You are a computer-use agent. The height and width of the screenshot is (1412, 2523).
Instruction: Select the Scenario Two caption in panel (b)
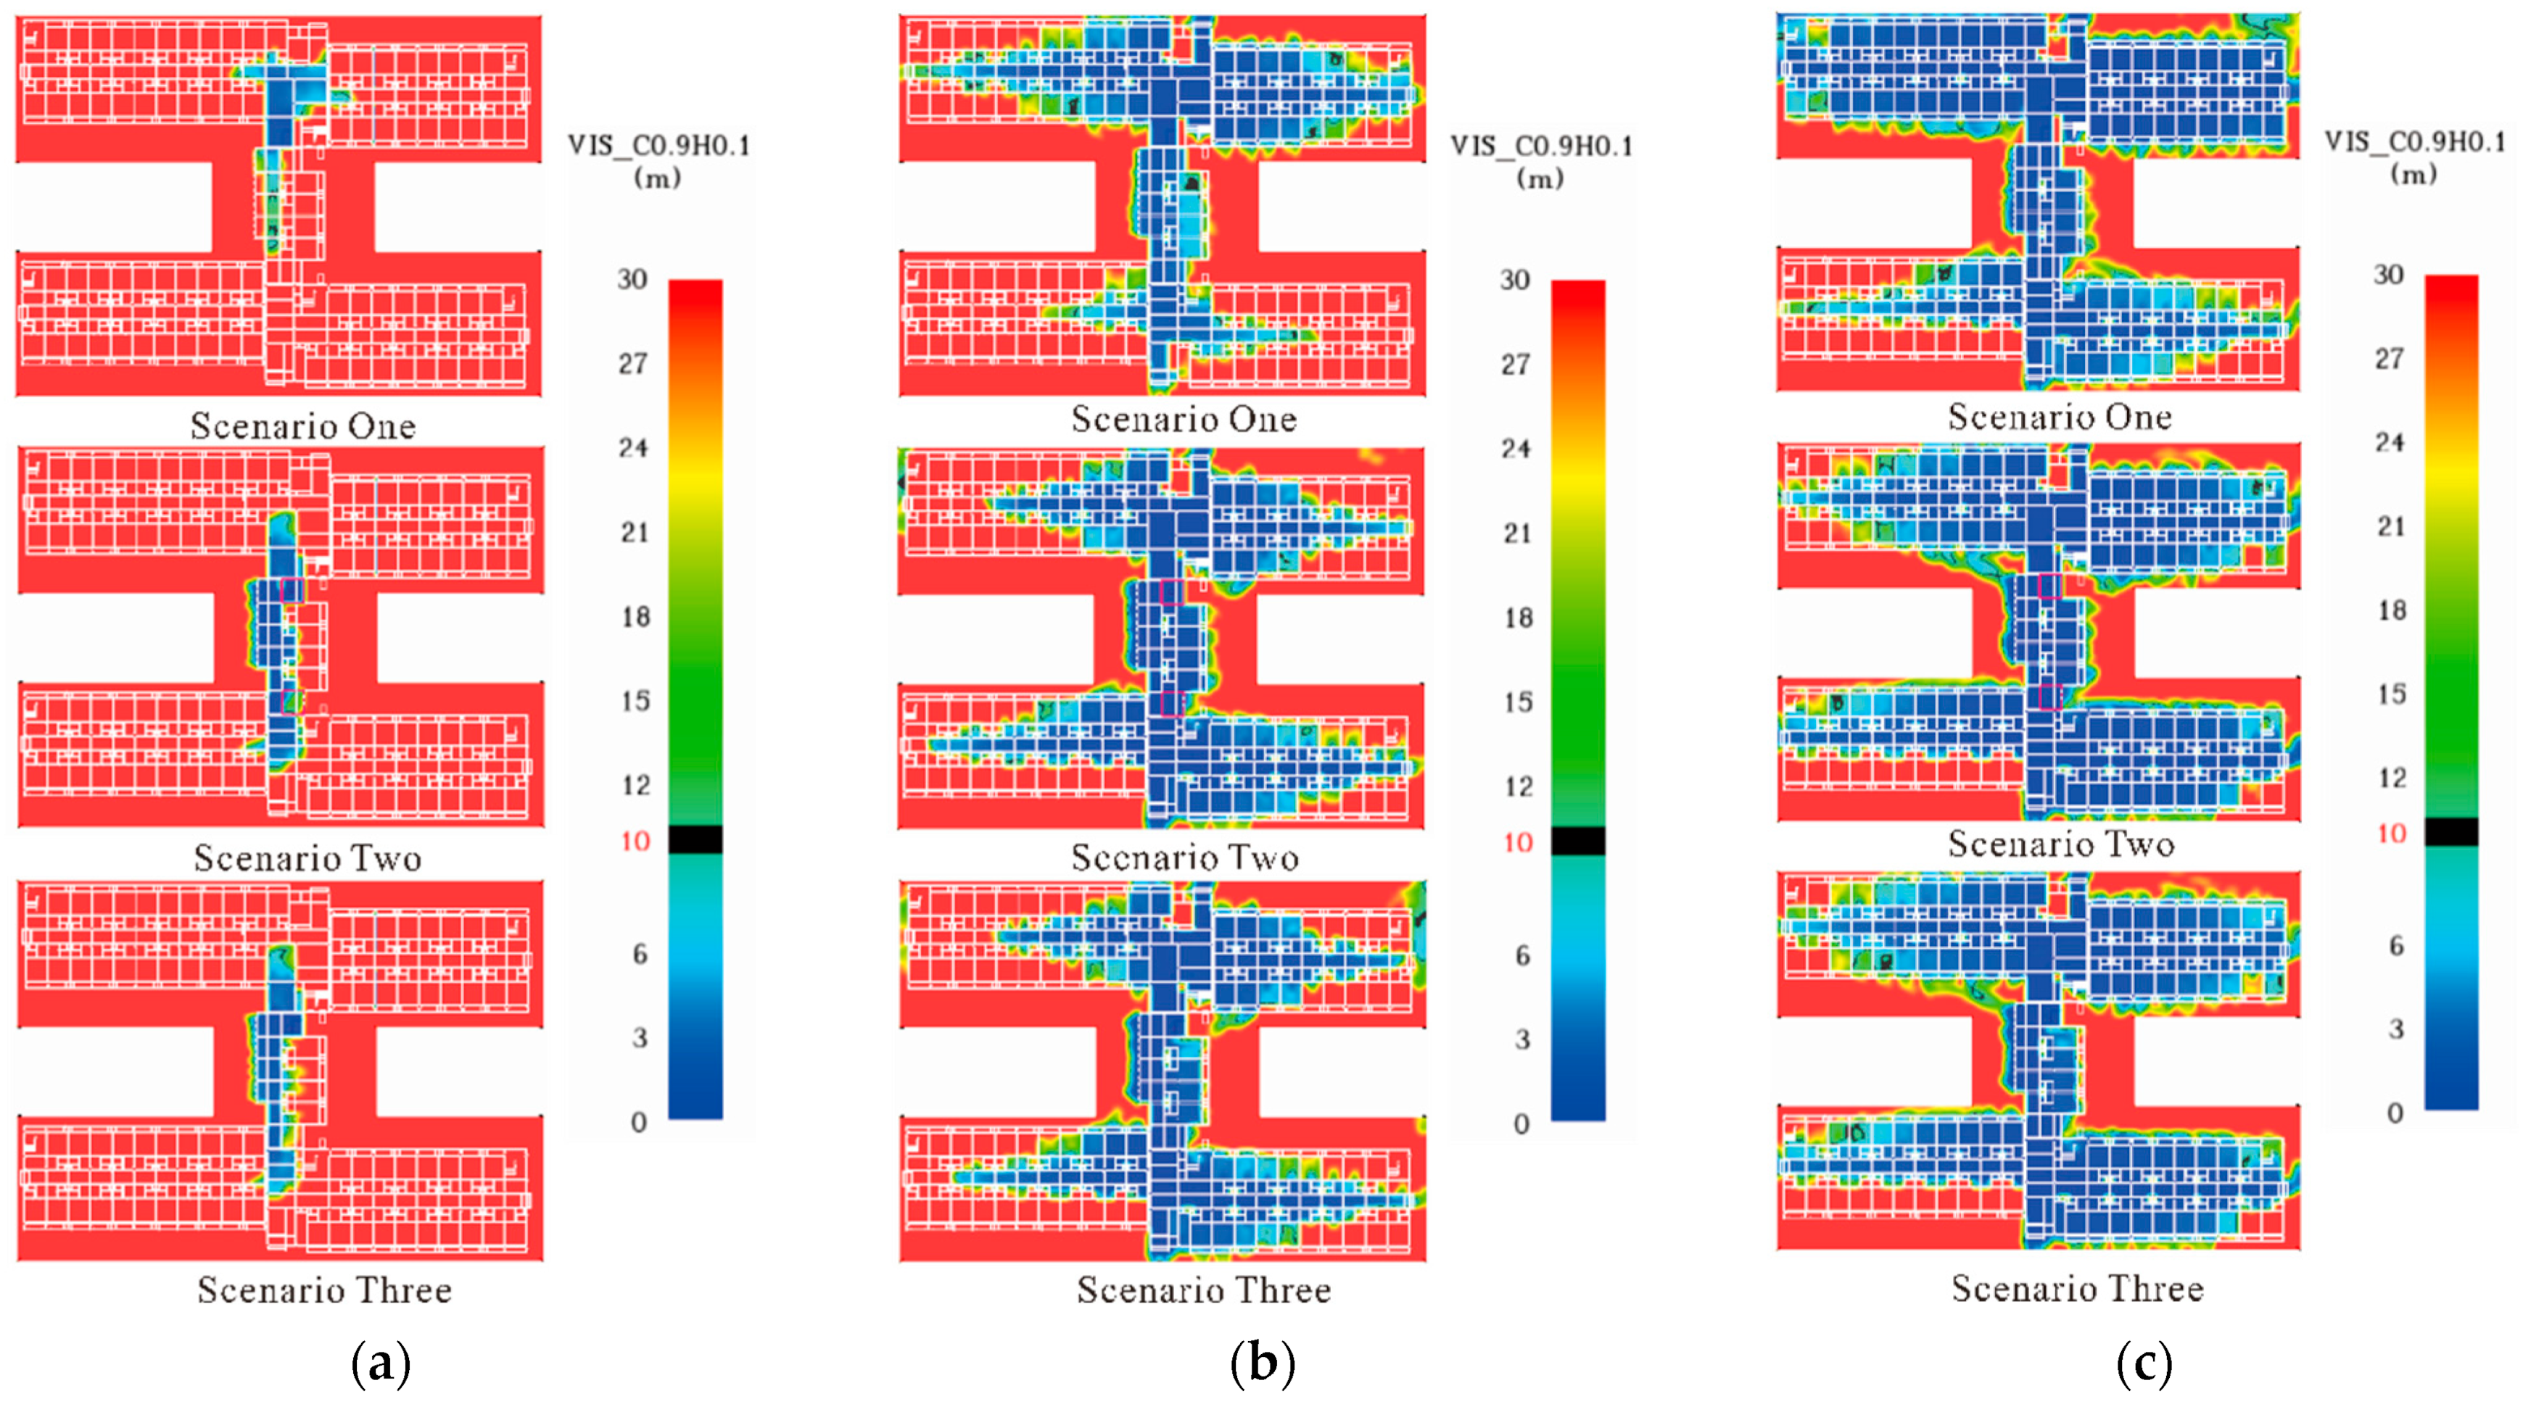coord(1185,857)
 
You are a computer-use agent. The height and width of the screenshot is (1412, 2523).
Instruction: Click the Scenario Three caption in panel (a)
coord(324,1290)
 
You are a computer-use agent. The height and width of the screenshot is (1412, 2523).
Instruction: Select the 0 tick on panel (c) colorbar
coord(2395,1113)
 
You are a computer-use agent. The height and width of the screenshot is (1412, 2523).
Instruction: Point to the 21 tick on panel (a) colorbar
coord(635,532)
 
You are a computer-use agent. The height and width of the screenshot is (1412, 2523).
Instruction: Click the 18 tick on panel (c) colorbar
coord(2392,610)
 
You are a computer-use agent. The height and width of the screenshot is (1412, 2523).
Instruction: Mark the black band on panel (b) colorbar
coord(1578,841)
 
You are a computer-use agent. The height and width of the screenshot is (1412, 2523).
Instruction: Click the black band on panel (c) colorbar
coord(2451,831)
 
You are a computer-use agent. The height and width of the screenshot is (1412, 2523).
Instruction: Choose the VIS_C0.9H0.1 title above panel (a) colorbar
coord(659,146)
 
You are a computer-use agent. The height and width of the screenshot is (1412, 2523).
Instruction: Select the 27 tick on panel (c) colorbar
coord(2390,358)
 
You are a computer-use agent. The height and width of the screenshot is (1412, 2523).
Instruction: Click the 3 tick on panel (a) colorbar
coord(639,1038)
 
